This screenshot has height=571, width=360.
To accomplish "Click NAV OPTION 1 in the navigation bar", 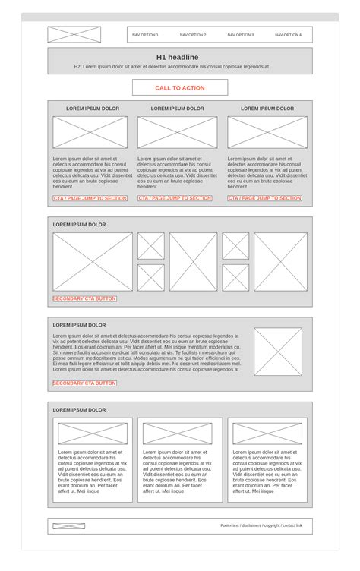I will (145, 35).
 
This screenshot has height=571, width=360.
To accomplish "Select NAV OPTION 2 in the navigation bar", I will (193, 35).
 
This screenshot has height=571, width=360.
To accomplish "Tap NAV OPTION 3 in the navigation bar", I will (241, 35).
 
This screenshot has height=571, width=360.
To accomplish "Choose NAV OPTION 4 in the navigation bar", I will (288, 35).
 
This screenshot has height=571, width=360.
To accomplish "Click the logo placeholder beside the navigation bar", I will (74, 35).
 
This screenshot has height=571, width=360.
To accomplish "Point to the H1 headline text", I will (178, 57).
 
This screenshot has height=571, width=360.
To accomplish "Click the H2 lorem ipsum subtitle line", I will (171, 67).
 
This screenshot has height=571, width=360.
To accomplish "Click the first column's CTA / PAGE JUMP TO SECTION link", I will (90, 198).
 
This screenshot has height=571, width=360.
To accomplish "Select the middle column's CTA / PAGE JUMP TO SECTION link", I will (175, 198).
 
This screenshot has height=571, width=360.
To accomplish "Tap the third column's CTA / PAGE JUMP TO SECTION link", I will (264, 198).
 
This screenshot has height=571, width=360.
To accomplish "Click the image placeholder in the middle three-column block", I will (177, 132).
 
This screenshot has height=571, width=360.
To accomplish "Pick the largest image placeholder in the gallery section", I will (93, 262).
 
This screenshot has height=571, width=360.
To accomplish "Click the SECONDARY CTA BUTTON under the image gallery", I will (84, 299).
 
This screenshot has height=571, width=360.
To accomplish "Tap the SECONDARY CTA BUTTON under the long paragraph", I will (84, 383).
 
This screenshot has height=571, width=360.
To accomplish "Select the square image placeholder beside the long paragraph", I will (277, 352).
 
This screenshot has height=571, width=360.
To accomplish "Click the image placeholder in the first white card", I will (93, 434).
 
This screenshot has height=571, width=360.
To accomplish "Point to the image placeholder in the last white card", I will (267, 434).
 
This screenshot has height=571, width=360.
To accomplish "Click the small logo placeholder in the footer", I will (68, 526).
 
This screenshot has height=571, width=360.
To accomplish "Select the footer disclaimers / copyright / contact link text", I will (261, 525).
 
